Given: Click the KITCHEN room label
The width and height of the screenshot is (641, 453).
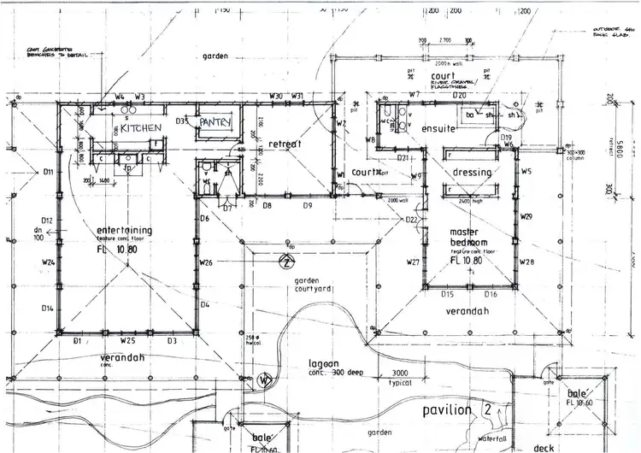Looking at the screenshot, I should click(141, 127).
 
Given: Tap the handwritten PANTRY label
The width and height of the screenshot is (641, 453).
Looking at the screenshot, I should click(215, 123).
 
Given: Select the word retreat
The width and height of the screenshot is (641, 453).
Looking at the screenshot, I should click(285, 144).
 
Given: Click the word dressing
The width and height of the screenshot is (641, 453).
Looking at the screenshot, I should click(472, 173).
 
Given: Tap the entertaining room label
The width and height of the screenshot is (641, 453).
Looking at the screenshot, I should click(125, 230).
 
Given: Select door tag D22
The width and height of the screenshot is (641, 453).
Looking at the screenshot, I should click(411, 221).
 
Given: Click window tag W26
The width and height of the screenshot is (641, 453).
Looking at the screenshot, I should click(205, 262).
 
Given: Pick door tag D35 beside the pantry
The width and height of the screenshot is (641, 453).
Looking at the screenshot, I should click(183, 121).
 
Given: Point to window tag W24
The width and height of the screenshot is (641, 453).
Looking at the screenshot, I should click(48, 262).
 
